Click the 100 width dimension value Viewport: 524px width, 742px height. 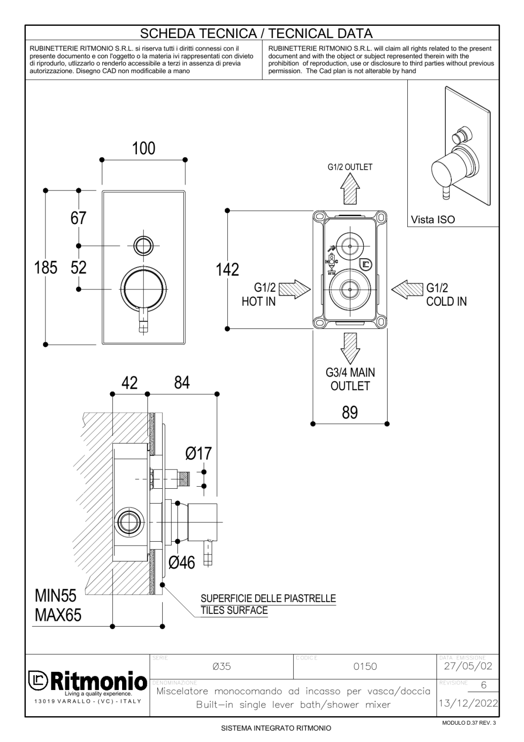point(143,148)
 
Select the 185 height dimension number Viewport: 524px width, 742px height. point(45,268)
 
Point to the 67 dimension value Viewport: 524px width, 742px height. point(78,218)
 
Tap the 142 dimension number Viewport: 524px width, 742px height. point(227,270)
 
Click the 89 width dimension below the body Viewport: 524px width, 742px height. point(350,413)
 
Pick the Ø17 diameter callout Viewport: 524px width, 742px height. point(198,454)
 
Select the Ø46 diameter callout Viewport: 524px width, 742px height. point(182,562)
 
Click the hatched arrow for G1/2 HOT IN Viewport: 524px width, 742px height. point(295,289)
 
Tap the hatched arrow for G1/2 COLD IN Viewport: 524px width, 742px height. point(407,289)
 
